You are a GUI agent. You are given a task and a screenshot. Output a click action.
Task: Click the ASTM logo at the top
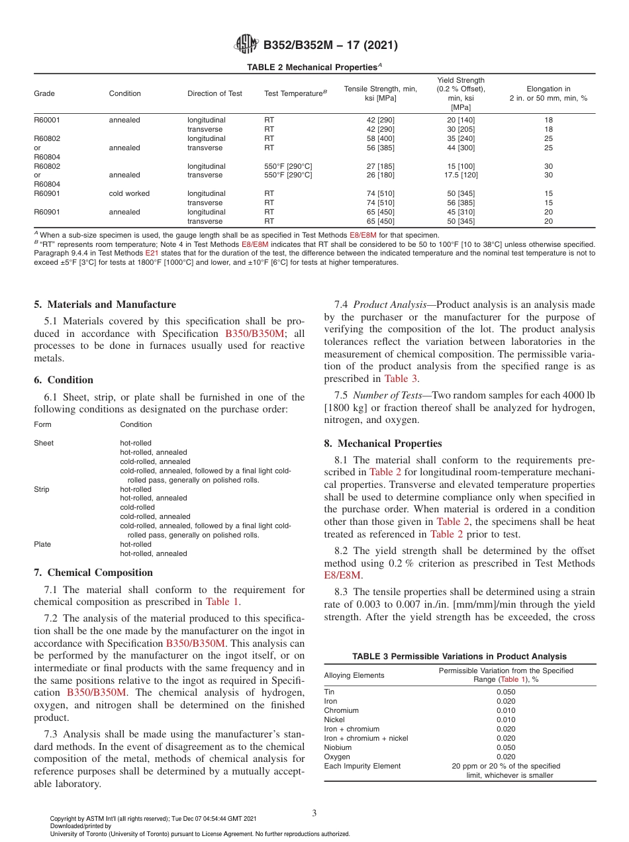pyautogui.click(x=246, y=46)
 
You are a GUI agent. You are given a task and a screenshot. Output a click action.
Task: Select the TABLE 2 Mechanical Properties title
pyautogui.click(x=314, y=67)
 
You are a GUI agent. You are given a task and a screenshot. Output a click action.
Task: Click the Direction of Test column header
pyautogui.click(x=215, y=93)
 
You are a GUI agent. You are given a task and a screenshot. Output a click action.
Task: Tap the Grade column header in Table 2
pyautogui.click(x=44, y=93)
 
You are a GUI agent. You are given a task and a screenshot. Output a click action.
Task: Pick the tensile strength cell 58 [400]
pyautogui.click(x=380, y=138)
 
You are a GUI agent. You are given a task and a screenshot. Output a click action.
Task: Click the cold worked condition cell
pyautogui.click(x=129, y=193)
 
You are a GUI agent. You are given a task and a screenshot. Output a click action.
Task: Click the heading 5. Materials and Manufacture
pyautogui.click(x=105, y=304)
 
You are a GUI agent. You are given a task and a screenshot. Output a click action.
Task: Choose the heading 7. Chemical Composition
pyautogui.click(x=93, y=573)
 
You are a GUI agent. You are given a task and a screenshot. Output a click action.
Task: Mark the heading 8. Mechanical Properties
pyautogui.click(x=383, y=444)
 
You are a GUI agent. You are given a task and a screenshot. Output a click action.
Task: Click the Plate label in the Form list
pyautogui.click(x=42, y=544)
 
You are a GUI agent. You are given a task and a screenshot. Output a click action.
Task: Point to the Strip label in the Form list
pyautogui.click(x=42, y=489)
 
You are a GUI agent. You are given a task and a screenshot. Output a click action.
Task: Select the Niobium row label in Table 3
pyautogui.click(x=338, y=747)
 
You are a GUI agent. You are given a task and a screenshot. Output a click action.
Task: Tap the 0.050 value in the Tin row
pyautogui.click(x=506, y=692)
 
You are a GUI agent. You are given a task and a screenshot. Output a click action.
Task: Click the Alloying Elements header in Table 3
pyautogui.click(x=354, y=675)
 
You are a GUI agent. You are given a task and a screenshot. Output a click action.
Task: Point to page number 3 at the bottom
pyautogui.click(x=314, y=813)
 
